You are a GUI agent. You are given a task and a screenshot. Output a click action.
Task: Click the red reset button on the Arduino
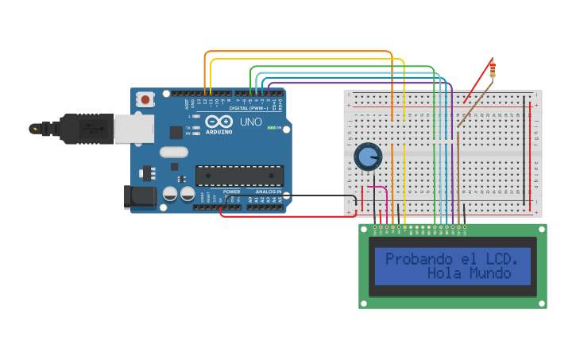(146, 99)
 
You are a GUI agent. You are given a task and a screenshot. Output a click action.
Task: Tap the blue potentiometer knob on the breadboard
(367, 157)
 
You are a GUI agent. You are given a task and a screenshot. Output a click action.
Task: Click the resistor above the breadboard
(493, 69)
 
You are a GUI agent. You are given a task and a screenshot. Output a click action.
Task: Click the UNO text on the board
(250, 122)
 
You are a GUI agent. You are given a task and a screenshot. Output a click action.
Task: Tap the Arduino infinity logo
(218, 122)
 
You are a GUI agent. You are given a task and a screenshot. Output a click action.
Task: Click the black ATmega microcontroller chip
(239, 175)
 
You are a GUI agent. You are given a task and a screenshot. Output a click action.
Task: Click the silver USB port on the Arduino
(133, 128)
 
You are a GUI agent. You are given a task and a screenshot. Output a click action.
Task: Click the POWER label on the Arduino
(231, 192)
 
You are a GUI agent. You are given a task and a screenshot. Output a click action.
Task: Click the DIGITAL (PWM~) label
(249, 108)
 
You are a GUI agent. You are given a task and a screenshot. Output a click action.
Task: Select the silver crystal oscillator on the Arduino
(173, 152)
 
